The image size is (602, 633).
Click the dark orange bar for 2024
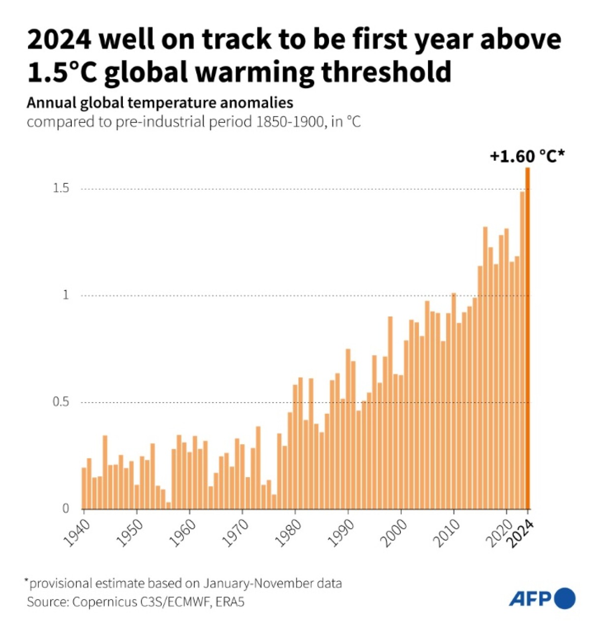[527, 339]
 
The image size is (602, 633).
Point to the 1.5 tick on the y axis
[61, 189]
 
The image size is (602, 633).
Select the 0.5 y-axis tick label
[61, 402]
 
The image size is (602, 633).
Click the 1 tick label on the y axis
[65, 295]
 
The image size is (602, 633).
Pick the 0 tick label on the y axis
[66, 509]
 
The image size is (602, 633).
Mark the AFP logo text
[530, 599]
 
